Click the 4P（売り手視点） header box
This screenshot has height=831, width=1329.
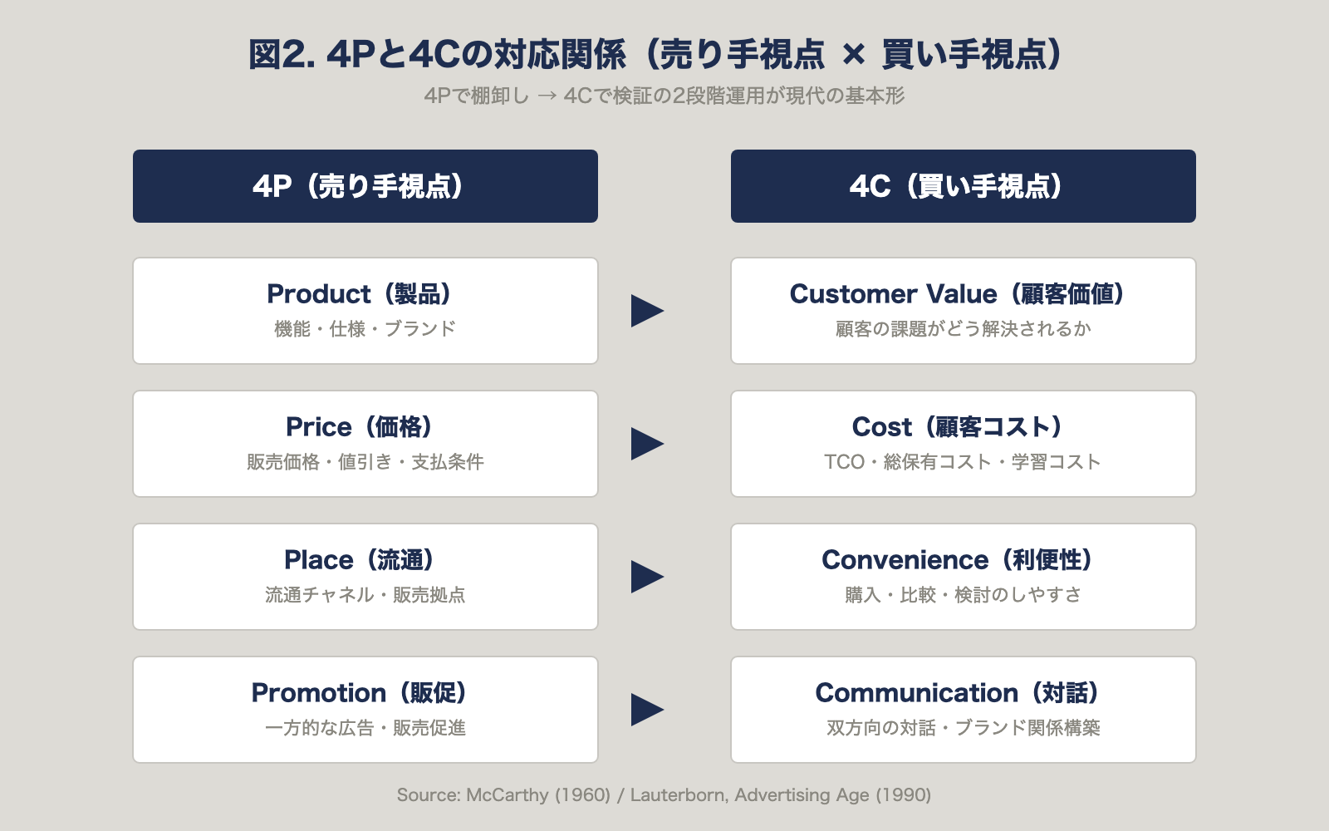click(x=365, y=186)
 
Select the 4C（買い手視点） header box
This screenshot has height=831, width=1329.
click(x=964, y=186)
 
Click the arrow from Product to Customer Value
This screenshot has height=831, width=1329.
click(x=646, y=311)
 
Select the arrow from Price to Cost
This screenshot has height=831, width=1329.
click(x=646, y=444)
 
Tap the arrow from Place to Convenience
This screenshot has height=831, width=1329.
click(x=646, y=577)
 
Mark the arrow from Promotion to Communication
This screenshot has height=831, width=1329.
click(x=646, y=710)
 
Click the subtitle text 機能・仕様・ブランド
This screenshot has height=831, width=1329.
click(x=365, y=329)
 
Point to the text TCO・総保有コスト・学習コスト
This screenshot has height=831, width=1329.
click(x=963, y=462)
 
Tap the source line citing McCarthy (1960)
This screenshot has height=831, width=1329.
click(x=664, y=795)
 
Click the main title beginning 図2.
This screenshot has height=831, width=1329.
click(x=656, y=55)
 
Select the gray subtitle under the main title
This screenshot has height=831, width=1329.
click(x=664, y=96)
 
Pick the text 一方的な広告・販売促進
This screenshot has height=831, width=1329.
click(x=365, y=728)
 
